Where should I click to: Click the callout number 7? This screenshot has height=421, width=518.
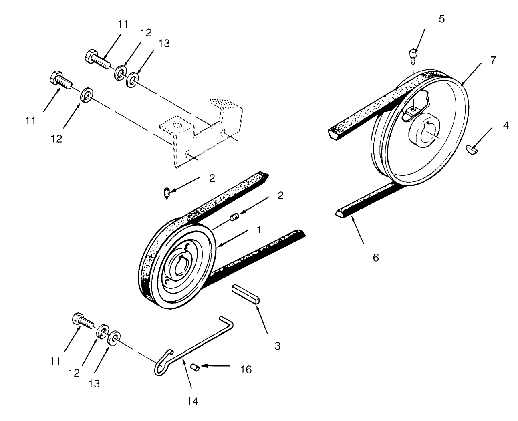[493, 60]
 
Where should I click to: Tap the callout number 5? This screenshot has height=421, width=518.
[441, 19]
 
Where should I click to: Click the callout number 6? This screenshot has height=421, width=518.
[375, 257]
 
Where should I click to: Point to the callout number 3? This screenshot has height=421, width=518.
[277, 346]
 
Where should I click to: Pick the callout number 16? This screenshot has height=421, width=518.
[246, 369]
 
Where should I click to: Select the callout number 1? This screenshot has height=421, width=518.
[259, 229]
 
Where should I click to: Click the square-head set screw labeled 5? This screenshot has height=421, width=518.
[413, 54]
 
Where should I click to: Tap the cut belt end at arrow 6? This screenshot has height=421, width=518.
[339, 213]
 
